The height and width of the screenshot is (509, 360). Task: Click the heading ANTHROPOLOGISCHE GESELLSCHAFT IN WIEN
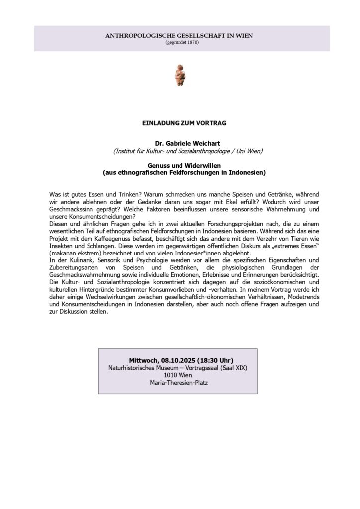tap(180, 36)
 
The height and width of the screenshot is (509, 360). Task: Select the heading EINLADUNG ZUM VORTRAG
tap(180, 122)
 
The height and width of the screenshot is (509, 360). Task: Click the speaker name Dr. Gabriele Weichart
tap(180, 143)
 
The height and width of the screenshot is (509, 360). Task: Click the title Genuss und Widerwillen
tap(180, 165)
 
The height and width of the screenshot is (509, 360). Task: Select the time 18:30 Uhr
tap(215, 360)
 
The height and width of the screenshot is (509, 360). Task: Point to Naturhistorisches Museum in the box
tap(139, 368)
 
